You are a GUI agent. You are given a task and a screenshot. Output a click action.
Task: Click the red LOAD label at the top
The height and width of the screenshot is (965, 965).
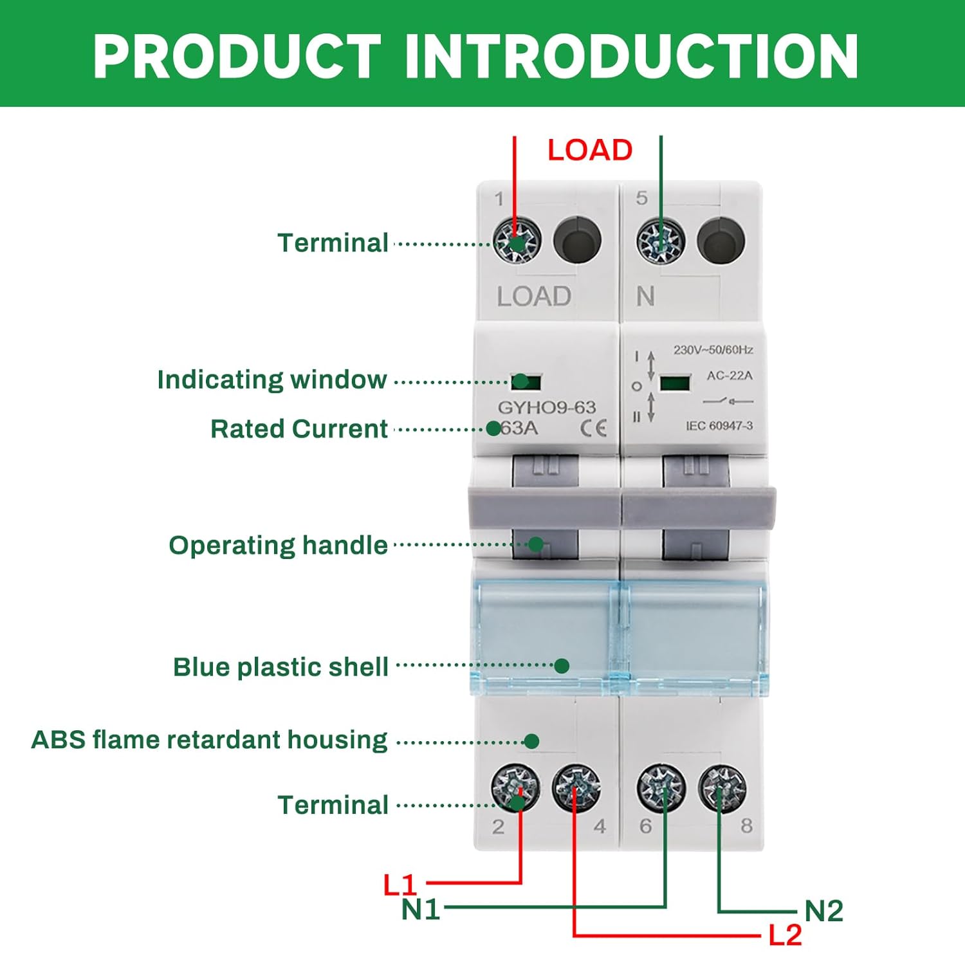coord(590,151)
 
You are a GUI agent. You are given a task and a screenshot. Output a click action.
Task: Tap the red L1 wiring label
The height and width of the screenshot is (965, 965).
coord(400,885)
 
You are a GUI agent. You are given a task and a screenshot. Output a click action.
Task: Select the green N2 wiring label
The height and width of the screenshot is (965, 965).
coord(823,911)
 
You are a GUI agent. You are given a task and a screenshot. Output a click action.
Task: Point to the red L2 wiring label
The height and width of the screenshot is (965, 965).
coord(785,935)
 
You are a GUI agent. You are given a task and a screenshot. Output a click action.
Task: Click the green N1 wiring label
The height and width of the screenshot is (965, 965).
coord(421,910)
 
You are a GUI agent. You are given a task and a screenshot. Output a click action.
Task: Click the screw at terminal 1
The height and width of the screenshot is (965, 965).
coord(517,241)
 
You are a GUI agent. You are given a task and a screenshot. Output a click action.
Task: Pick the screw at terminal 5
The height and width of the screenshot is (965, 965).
coord(660,241)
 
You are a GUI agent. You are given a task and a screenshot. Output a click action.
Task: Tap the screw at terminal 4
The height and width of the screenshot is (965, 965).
coord(576,787)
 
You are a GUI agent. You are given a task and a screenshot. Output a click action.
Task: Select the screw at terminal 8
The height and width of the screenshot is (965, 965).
coord(722,788)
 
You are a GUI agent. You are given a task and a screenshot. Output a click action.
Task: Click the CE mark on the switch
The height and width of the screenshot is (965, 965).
coord(593,428)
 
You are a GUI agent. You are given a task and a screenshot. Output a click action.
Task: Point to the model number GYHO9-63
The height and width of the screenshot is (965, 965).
coord(547,407)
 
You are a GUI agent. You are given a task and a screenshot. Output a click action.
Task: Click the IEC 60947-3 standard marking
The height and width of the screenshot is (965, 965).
coord(719,426)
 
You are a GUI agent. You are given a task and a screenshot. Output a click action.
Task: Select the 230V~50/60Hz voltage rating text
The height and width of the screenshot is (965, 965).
coord(713,350)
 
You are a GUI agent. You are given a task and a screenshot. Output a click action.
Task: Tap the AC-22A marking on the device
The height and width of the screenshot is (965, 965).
coord(729,376)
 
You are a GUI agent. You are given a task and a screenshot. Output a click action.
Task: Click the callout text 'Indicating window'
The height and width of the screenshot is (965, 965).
coord(271,380)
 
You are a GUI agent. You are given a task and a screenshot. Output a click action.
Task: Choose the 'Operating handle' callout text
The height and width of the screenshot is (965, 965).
coord(278,546)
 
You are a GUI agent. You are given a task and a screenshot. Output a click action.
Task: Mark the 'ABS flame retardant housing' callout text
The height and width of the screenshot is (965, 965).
coord(209,740)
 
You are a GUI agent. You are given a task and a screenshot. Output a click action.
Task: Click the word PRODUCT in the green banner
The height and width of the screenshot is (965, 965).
coord(237,56)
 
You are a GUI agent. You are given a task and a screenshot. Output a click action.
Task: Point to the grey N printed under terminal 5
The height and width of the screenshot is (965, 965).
coord(645,297)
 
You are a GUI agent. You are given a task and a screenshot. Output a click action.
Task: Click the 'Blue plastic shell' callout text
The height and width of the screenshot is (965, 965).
coord(280,667)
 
